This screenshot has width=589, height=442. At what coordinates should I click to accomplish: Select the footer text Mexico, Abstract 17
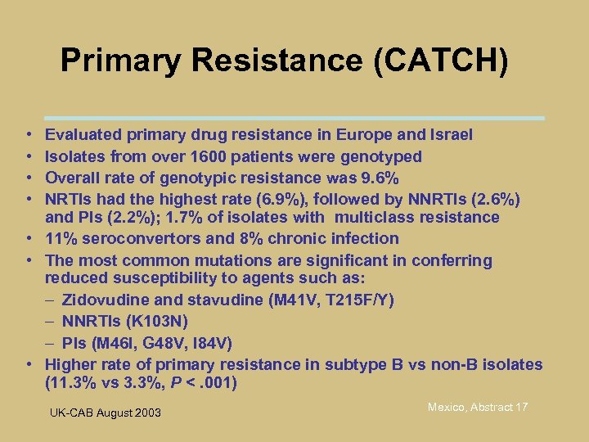tap(479, 407)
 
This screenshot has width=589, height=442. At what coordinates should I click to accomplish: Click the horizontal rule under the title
tap(294, 118)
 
